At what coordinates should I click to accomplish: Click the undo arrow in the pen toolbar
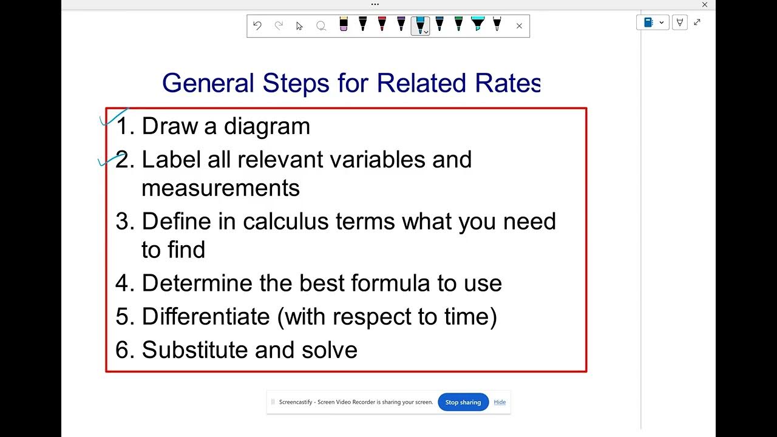[257, 25]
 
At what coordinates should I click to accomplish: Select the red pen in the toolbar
[382, 24]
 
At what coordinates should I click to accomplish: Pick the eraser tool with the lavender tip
[344, 24]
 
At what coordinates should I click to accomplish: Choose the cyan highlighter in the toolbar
[478, 24]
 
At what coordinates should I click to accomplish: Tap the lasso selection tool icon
[321, 25]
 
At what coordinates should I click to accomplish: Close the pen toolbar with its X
[519, 25]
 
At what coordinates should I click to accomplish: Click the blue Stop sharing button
[463, 402]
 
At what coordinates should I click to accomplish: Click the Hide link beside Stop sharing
[500, 402]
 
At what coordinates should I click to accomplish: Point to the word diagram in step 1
[267, 126]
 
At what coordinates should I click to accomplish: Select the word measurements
[220, 188]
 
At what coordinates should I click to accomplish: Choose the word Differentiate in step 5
[206, 316]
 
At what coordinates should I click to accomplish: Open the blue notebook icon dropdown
[653, 22]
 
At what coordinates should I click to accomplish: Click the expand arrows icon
[697, 22]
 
